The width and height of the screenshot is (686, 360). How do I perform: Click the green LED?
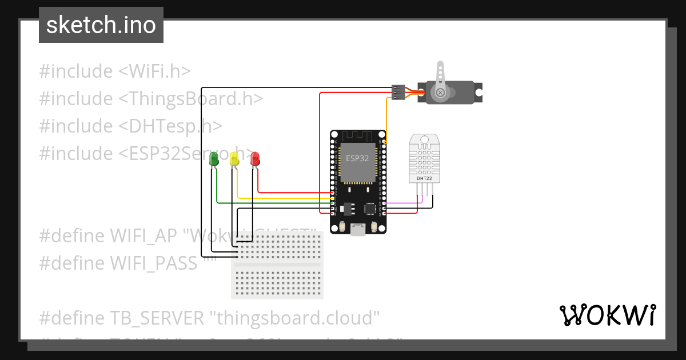tap(214, 159)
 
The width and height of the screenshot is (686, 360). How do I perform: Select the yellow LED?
tap(234, 159)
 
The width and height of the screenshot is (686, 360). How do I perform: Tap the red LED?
tap(255, 159)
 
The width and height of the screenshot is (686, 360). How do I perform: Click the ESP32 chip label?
tap(357, 158)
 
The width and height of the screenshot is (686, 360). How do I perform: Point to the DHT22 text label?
tap(424, 179)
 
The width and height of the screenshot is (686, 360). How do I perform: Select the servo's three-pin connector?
tap(398, 92)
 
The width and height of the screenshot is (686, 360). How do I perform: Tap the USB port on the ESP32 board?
tap(358, 230)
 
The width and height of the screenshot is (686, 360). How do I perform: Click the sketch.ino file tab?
tap(101, 25)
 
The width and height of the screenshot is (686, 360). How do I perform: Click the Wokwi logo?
tap(607, 315)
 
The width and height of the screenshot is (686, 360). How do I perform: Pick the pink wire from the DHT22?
tap(403, 203)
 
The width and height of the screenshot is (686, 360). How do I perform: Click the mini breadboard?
tap(277, 265)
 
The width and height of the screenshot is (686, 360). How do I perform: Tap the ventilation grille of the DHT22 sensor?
tap(424, 160)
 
